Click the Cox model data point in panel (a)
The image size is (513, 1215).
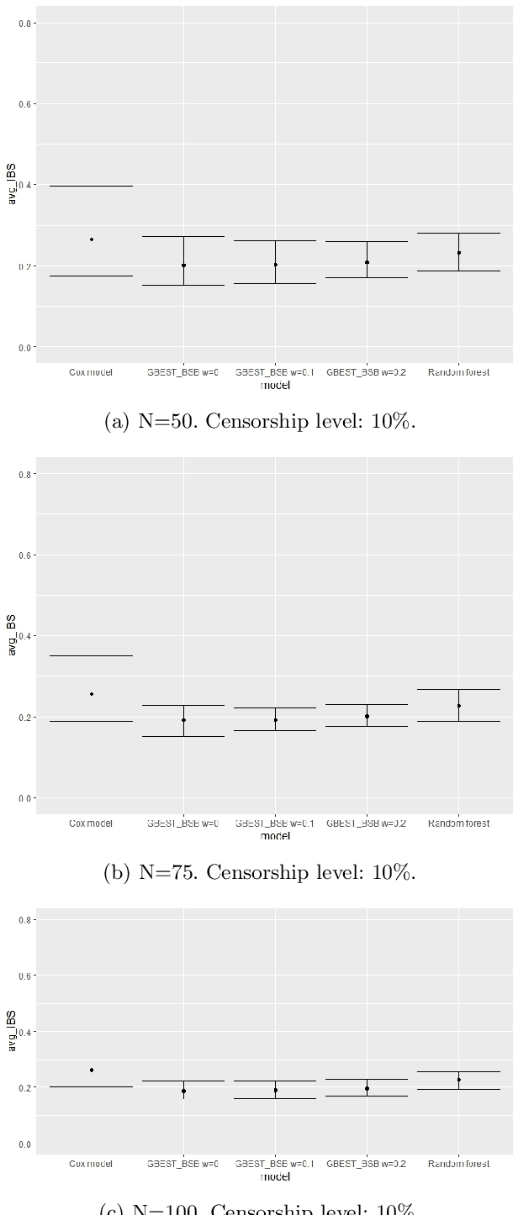click(92, 239)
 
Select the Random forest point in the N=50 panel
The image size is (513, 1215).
click(458, 252)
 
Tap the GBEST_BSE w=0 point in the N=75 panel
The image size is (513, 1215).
click(183, 719)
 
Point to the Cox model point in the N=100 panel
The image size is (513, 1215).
click(92, 1070)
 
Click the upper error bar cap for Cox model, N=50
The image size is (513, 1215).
click(92, 186)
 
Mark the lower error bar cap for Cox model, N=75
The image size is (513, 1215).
click(92, 721)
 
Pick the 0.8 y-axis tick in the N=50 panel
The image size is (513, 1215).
click(26, 24)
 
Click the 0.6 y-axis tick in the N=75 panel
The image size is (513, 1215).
click(26, 555)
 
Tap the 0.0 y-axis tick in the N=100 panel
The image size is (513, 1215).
click(26, 1144)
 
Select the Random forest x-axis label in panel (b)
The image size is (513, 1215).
click(458, 823)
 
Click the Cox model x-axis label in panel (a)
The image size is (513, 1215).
click(91, 372)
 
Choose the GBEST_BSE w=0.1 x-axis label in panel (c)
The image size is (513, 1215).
click(275, 1164)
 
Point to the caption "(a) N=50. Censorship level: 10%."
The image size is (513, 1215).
click(260, 421)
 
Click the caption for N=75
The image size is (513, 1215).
click(260, 872)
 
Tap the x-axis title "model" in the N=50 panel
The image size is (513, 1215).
click(275, 386)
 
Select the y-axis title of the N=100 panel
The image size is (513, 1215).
click(11, 1031)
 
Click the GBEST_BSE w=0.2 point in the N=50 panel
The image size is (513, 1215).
click(367, 262)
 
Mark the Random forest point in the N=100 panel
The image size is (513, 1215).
click(458, 1080)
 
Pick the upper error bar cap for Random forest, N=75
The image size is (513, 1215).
click(458, 689)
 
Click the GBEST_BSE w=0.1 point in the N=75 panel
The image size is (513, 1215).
click(275, 719)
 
